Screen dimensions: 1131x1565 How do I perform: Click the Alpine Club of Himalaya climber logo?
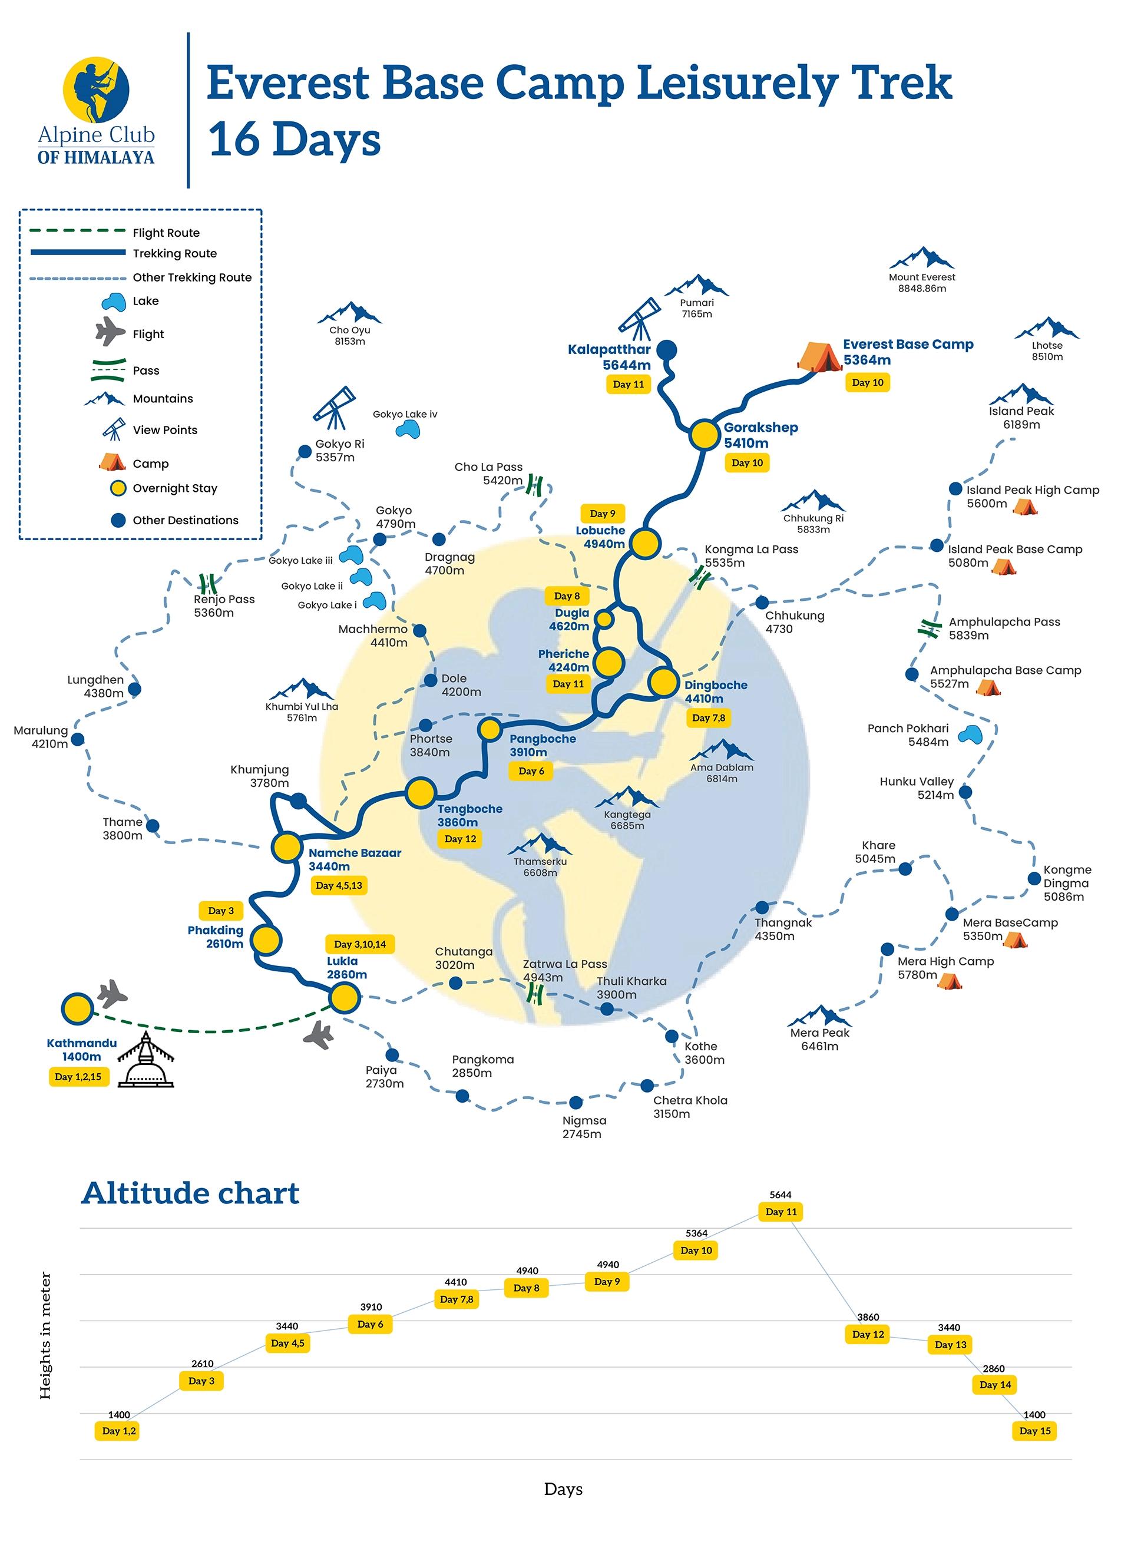pos(96,89)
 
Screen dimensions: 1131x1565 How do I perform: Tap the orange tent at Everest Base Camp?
pos(818,357)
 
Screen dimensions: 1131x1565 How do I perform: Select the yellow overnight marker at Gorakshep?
pos(705,435)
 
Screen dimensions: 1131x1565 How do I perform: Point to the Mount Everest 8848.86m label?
pos(922,282)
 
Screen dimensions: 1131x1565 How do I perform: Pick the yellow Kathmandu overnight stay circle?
pos(77,1009)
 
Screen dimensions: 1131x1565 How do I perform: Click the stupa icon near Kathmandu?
pos(145,1061)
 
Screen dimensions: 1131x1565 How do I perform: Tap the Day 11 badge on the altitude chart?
pos(781,1212)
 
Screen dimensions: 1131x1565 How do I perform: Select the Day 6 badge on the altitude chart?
pos(370,1324)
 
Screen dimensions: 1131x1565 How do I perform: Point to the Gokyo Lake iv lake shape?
pos(407,430)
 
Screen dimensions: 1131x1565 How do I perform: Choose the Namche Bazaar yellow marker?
pos(286,846)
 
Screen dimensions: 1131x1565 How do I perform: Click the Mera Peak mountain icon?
pos(819,1015)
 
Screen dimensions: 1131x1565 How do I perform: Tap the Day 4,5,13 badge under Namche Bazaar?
pos(338,885)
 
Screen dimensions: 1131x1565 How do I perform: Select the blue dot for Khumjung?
pos(298,800)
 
